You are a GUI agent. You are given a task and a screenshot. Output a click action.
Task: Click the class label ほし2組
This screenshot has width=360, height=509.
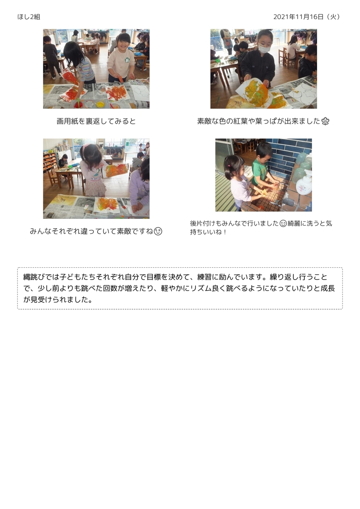pos(28,17)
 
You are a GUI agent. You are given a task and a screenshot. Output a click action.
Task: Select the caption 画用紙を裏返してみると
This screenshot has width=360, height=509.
pos(96,121)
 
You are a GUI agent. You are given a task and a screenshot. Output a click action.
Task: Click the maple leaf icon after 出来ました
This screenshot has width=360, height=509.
pos(325,122)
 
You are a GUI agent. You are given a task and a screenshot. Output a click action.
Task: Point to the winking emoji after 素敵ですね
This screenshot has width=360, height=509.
pos(158,232)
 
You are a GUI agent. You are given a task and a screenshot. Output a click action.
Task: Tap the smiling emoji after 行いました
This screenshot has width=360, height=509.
pos(283,224)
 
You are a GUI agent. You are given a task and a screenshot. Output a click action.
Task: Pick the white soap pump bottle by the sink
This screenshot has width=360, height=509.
pos(303,183)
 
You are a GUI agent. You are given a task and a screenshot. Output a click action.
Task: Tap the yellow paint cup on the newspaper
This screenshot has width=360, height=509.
pos(100,104)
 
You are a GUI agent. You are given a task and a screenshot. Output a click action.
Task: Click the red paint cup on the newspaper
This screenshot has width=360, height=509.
pos(78,105)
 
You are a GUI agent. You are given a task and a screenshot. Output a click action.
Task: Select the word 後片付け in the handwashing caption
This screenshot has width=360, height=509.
pos(201,224)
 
